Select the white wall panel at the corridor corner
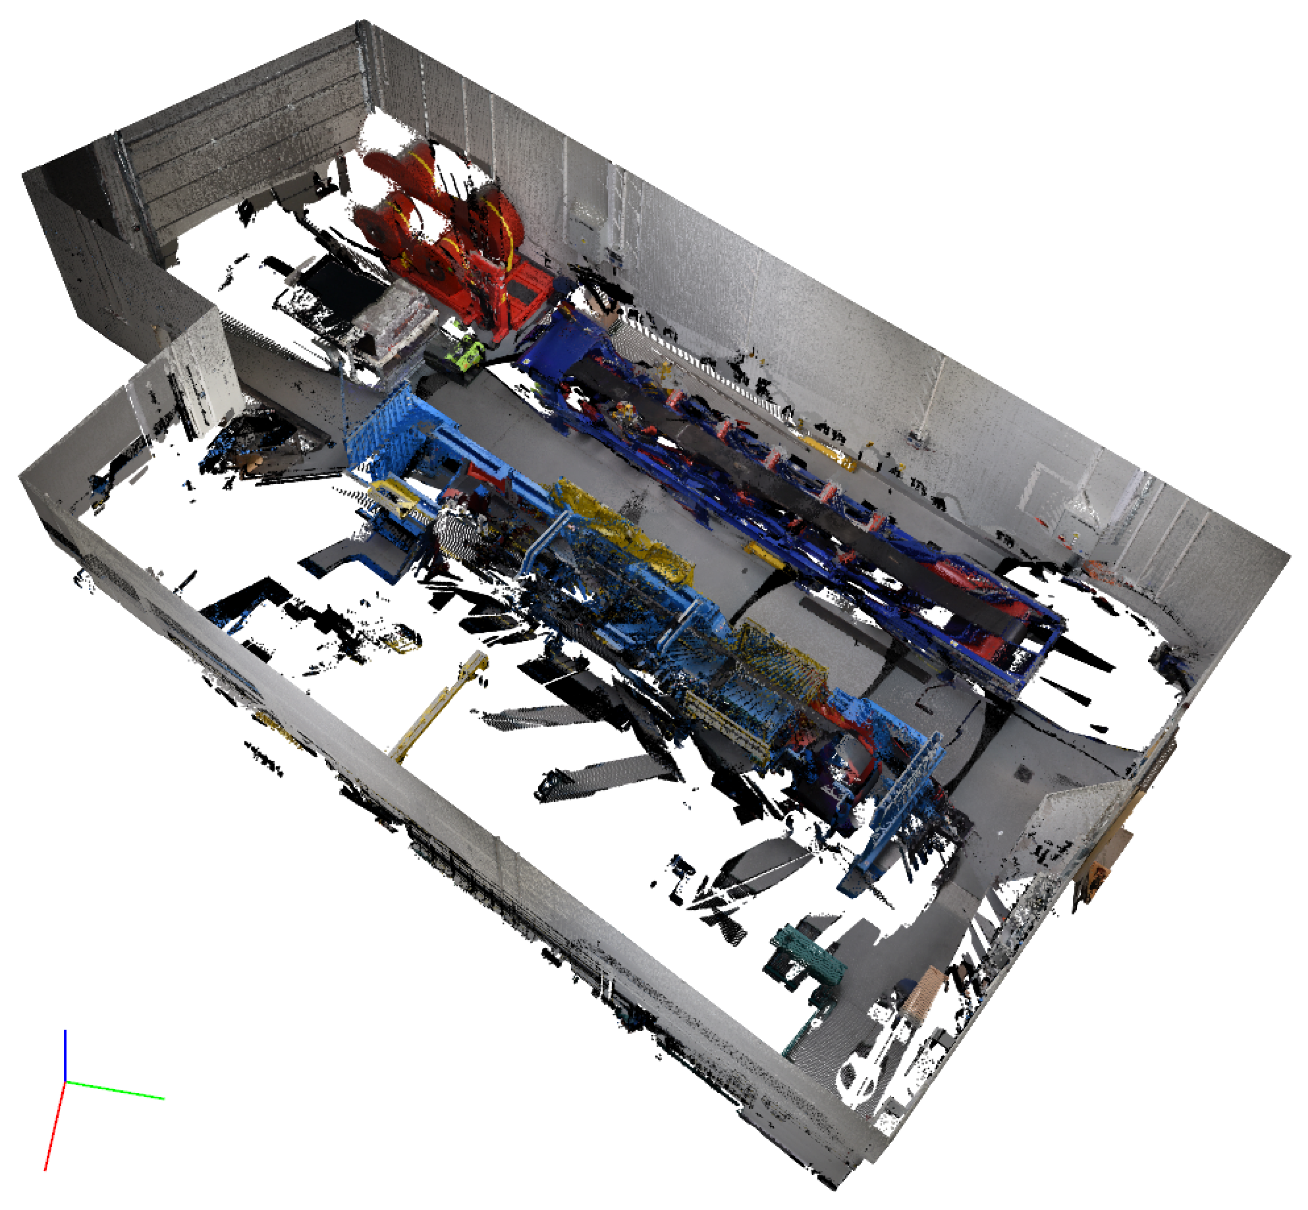[196, 367]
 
